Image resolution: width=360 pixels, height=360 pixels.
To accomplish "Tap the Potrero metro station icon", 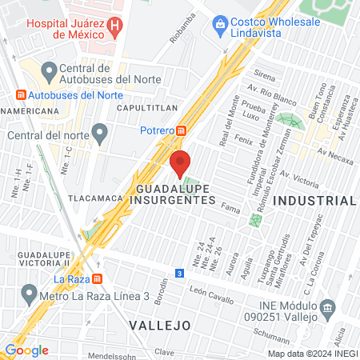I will coord(182,130).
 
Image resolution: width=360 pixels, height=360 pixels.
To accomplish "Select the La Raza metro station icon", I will coord(97,278).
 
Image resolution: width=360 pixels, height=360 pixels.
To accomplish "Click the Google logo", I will coord(26,350).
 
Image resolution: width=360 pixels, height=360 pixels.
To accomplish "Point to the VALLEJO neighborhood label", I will coord(158,326).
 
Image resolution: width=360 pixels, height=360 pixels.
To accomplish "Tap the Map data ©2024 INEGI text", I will coord(313,353).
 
